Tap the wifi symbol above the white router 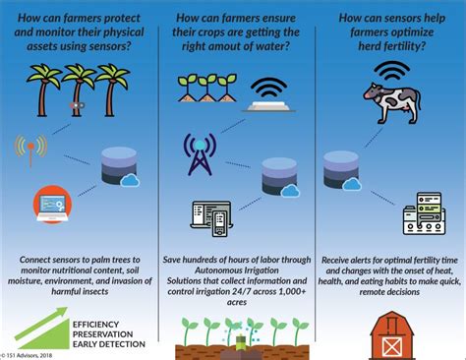(267, 87)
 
